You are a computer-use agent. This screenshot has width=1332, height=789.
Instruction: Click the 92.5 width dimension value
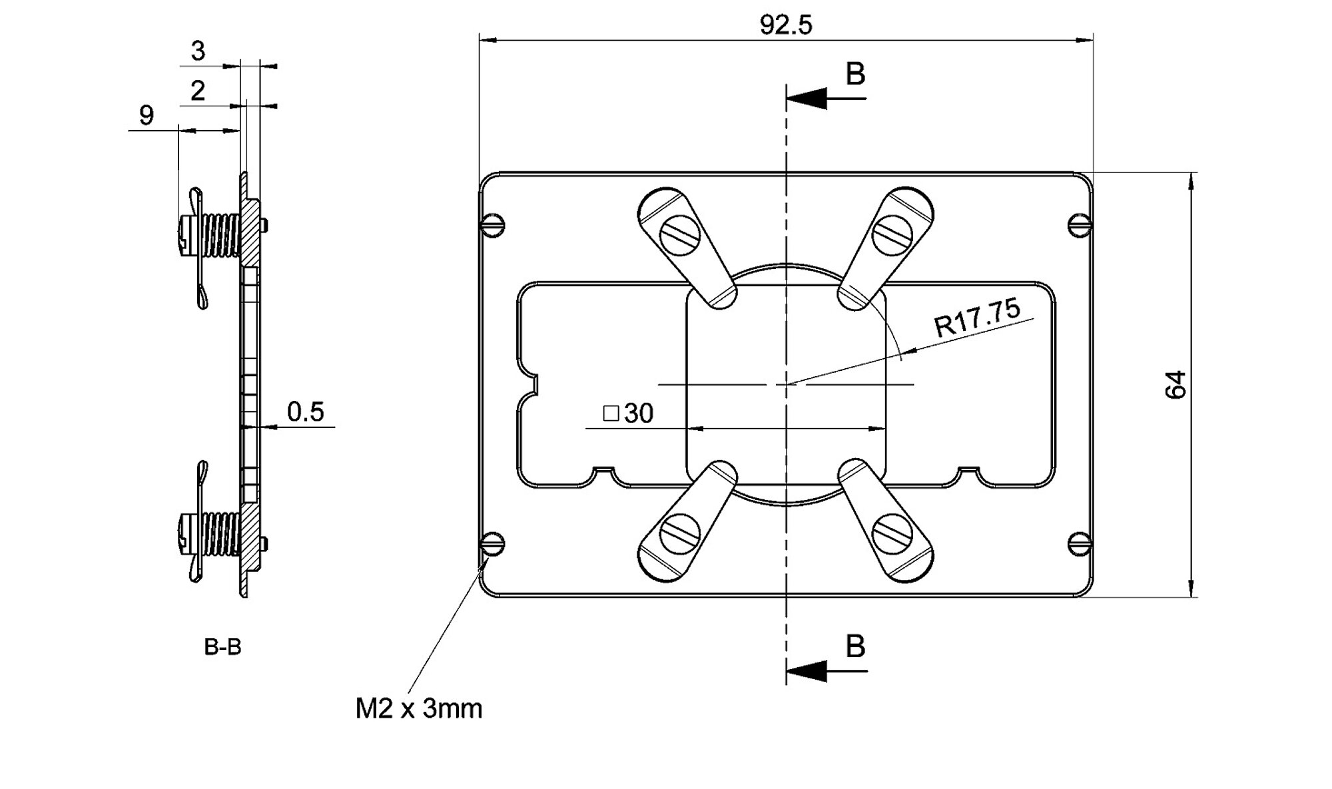coord(786,25)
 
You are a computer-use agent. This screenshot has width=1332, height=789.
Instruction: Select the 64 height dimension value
coord(1176,385)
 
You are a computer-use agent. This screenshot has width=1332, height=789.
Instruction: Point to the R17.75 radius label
coord(977,318)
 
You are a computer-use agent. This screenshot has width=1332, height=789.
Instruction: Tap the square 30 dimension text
coord(628,413)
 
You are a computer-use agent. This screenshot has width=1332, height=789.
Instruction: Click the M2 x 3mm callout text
coord(418,709)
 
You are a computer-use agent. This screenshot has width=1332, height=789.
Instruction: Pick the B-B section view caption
coord(222,647)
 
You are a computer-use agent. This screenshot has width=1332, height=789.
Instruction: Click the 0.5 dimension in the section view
coord(305,412)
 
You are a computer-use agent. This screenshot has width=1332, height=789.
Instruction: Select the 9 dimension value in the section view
coord(147,116)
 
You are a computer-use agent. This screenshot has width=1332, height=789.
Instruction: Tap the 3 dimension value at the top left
coord(198,51)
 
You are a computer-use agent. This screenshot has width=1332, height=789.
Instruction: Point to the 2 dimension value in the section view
coord(198,91)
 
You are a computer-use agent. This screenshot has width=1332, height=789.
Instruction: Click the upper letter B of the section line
coord(855,74)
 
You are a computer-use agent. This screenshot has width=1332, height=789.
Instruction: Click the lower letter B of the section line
coord(855,647)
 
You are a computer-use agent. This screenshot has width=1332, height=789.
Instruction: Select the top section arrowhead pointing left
coord(807,99)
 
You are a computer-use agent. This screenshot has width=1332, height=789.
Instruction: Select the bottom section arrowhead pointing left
coord(807,671)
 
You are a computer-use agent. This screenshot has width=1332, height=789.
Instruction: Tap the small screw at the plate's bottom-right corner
coord(1080,544)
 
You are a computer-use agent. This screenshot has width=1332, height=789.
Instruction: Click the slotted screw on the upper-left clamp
coord(679,235)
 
